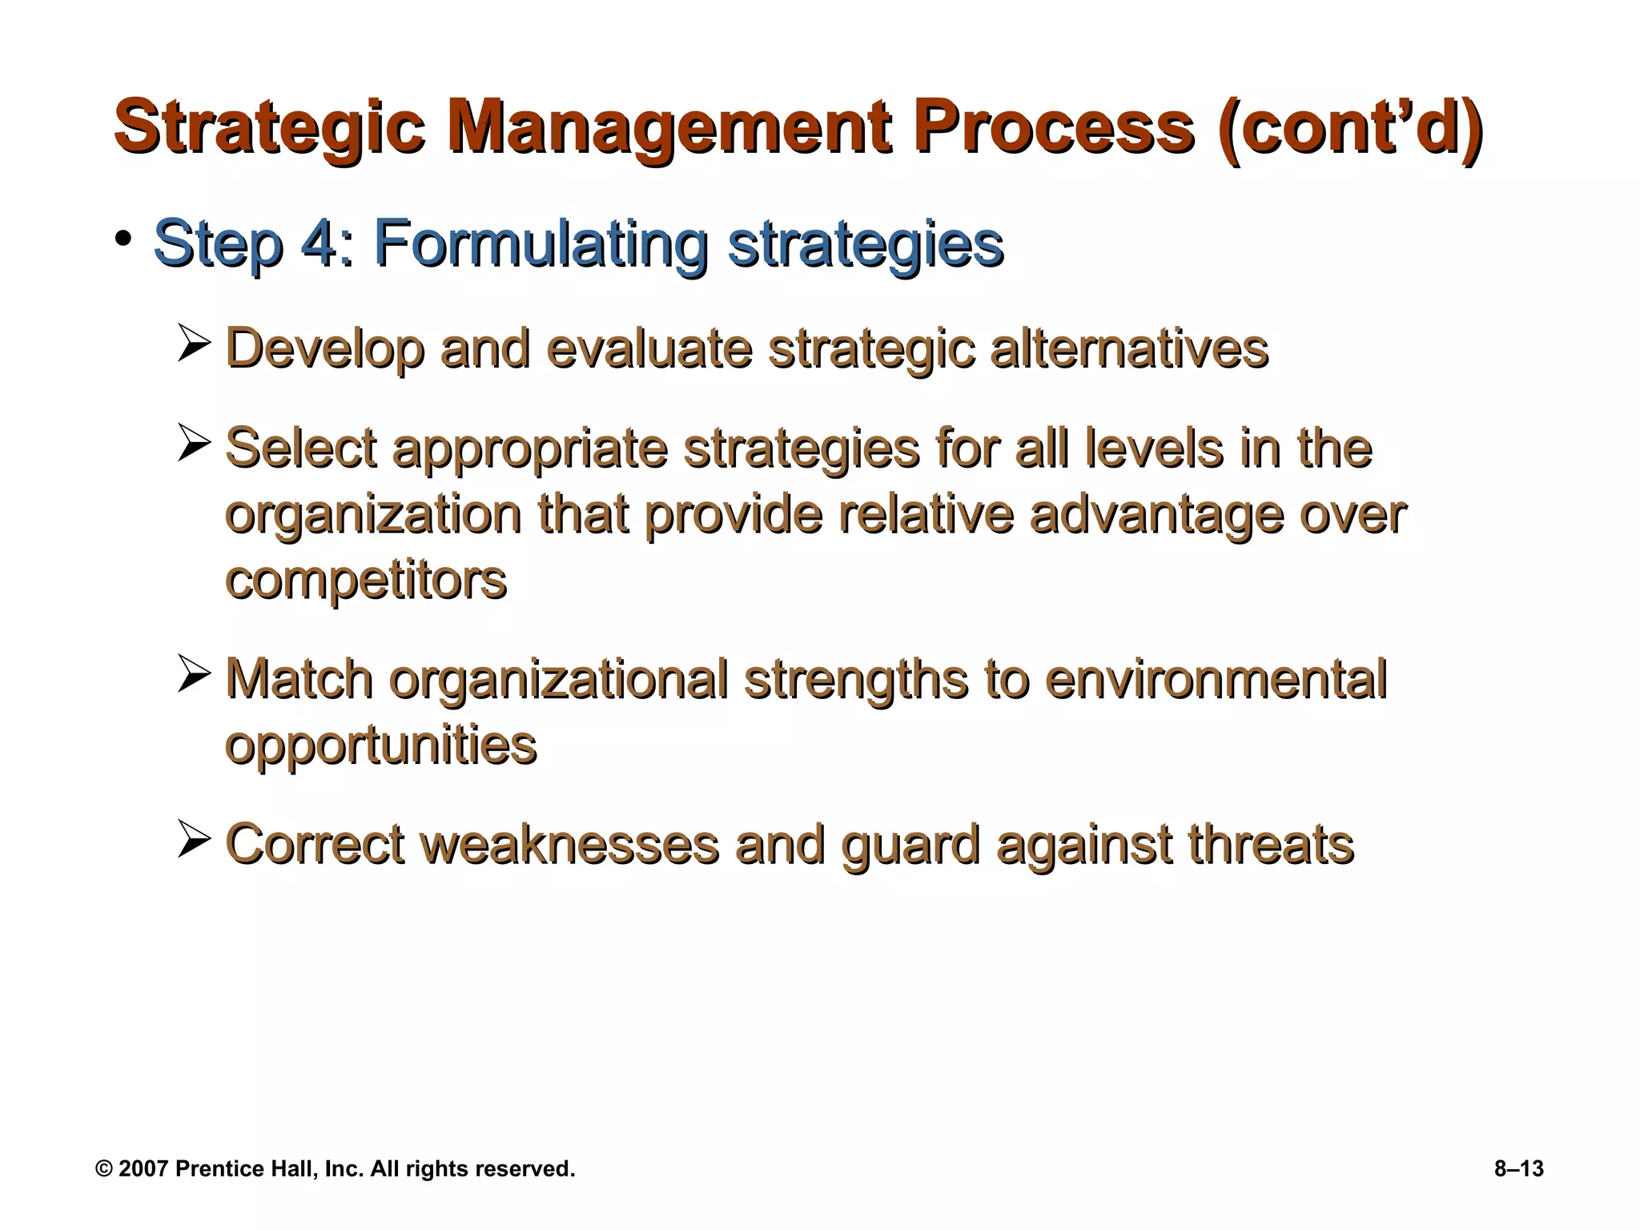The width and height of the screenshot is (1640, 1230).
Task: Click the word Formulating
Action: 541,243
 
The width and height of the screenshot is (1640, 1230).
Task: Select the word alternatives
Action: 1129,349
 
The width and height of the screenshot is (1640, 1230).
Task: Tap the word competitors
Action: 366,581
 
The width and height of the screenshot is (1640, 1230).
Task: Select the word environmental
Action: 1216,680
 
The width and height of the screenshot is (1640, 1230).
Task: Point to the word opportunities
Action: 380,746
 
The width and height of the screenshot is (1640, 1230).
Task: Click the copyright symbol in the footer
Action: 104,1169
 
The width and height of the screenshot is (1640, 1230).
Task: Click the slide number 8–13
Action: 1518,1169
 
